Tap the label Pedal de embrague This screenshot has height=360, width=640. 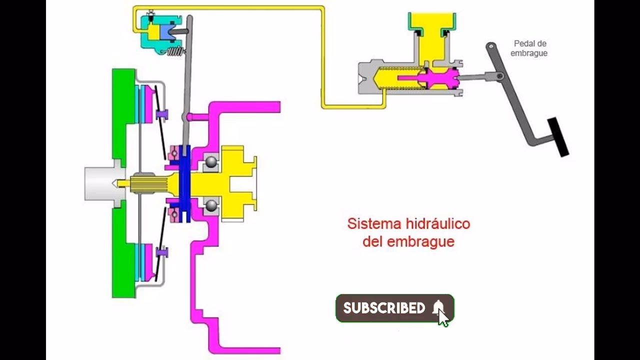[x=529, y=48]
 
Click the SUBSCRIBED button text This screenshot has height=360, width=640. [x=384, y=308]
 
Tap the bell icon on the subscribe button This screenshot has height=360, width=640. [x=438, y=307]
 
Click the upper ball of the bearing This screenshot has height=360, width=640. [x=211, y=162]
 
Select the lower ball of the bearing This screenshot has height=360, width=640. [x=211, y=205]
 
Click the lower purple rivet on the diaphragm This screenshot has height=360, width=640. [x=161, y=252]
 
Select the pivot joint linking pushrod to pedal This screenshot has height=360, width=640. [x=499, y=76]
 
